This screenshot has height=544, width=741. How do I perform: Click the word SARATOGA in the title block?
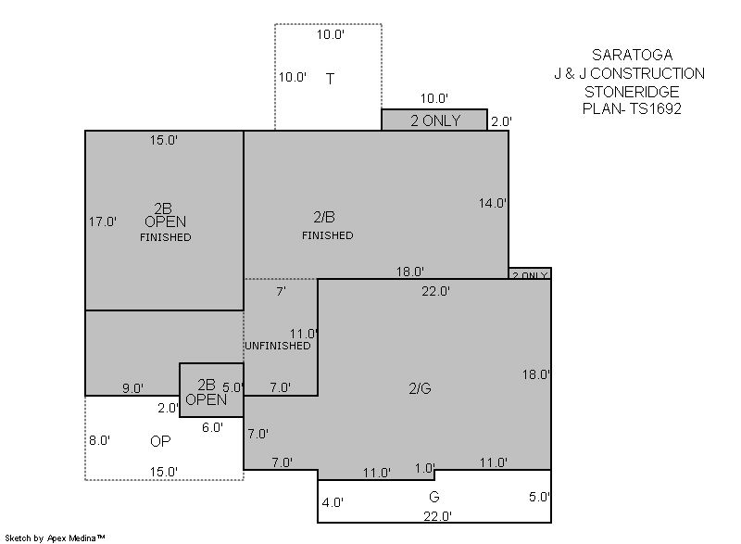click(632, 55)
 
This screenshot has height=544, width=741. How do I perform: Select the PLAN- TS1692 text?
click(632, 108)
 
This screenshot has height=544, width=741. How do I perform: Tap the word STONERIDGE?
click(632, 91)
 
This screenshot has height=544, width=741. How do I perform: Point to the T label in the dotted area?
click(330, 79)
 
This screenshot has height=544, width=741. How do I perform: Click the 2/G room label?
click(420, 388)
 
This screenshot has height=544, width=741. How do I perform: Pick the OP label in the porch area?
click(160, 441)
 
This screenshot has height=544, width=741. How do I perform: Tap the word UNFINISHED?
click(277, 346)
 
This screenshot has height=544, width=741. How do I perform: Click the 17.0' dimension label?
click(103, 221)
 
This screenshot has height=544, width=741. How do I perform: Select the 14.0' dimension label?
click(493, 203)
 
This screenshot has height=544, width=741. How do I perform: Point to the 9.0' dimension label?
click(132, 388)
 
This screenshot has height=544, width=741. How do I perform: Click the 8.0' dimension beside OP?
click(100, 440)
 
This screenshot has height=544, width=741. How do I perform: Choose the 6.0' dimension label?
click(212, 428)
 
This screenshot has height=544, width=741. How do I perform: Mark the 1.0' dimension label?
click(424, 468)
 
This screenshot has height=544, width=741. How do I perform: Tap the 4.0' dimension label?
click(333, 503)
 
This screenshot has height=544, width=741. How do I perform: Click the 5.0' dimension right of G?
click(539, 498)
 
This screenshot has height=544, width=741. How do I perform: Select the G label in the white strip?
click(433, 497)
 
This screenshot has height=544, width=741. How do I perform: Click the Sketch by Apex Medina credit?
click(55, 538)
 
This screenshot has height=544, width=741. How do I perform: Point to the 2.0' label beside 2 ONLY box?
click(501, 122)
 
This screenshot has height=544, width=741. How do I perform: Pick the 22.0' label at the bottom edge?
click(437, 516)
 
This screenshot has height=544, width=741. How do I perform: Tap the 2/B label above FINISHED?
click(324, 217)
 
